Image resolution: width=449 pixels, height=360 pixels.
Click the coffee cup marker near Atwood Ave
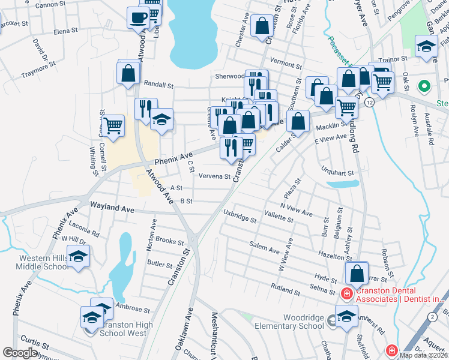click(138, 17)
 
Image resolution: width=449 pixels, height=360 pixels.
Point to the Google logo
click(20, 353)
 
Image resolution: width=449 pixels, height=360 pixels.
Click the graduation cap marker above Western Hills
click(78, 256)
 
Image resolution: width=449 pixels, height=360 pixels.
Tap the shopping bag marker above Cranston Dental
click(357, 274)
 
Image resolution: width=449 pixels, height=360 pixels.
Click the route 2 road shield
click(432, 316)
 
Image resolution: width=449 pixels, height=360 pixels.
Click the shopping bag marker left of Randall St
click(128, 73)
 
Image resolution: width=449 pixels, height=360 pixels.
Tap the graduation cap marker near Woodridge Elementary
click(346, 316)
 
